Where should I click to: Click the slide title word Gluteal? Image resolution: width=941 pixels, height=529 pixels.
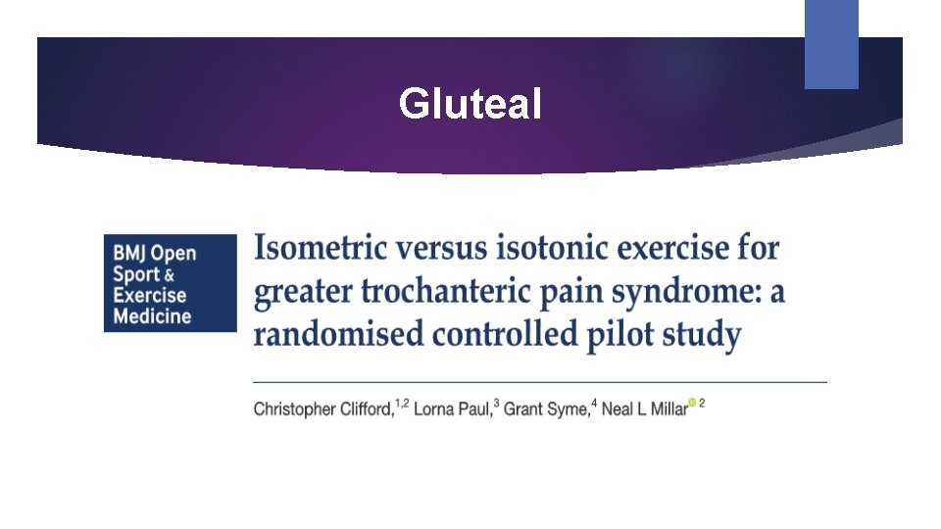470,103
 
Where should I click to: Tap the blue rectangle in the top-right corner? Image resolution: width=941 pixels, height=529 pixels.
831,44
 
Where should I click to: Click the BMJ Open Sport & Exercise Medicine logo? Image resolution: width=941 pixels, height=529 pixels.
171,283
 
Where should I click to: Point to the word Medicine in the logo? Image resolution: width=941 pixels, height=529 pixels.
153,316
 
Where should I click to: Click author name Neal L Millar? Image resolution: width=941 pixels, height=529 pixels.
644,409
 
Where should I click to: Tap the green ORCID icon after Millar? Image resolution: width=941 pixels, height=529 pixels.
693,403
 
